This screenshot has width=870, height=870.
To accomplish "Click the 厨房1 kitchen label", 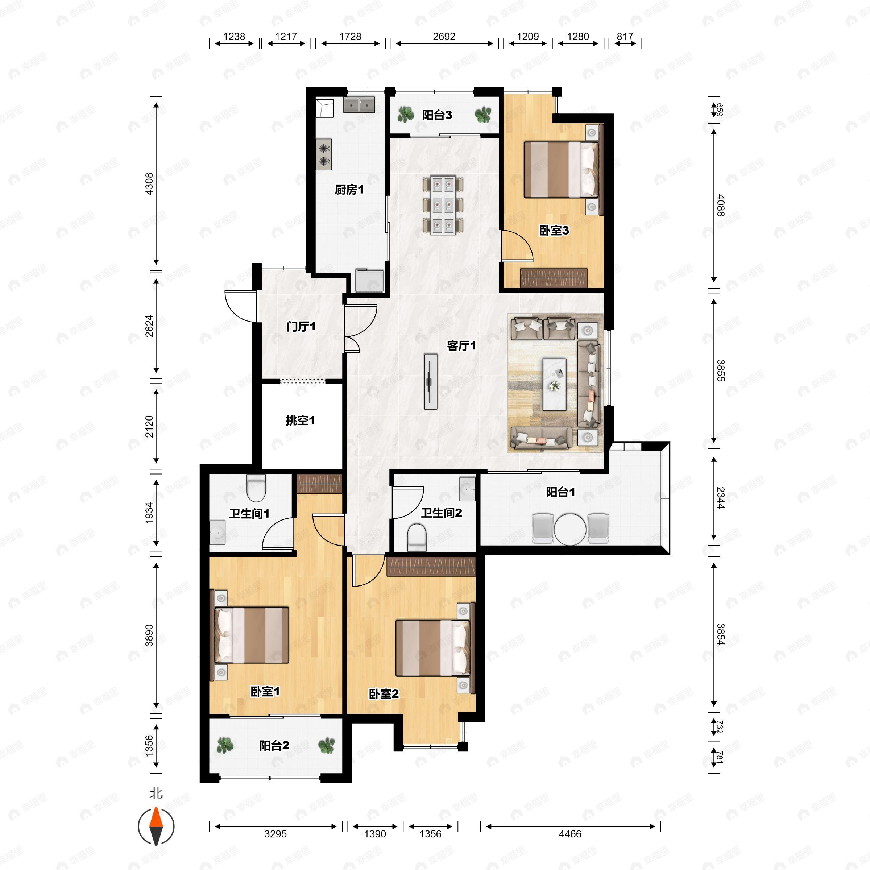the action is (x=349, y=190).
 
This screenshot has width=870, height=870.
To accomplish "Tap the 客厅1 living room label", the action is (x=461, y=345).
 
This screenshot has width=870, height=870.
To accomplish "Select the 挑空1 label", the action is (x=300, y=420).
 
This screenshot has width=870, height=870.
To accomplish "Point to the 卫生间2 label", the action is (x=441, y=513).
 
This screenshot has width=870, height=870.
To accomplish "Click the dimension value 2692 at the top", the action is (x=444, y=37).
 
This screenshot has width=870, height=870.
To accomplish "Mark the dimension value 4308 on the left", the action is (x=149, y=184).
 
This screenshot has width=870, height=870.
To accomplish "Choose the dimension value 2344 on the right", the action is (x=721, y=498).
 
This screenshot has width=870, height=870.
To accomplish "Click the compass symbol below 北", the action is (x=156, y=827).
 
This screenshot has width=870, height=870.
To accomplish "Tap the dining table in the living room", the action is (x=443, y=205).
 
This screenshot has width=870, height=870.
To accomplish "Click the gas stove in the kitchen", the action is (x=324, y=154).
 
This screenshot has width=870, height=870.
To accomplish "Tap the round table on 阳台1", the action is (x=570, y=530).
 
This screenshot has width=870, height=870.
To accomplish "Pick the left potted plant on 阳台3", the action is (x=406, y=115).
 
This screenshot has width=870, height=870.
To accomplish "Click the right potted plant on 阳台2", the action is (x=327, y=746).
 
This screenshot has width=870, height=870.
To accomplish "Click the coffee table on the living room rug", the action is (x=554, y=384).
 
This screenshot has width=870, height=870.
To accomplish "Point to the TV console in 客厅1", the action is (x=431, y=382).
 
